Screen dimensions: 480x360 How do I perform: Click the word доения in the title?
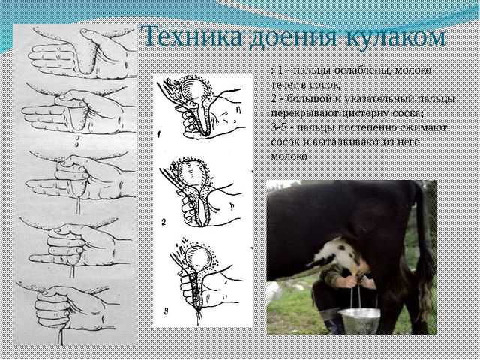(293, 39)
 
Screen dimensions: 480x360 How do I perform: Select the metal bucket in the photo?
(360, 320)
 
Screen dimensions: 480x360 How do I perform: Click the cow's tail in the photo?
(423, 245)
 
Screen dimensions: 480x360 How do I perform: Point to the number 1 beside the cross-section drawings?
(159, 133)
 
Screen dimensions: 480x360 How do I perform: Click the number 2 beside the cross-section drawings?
(163, 222)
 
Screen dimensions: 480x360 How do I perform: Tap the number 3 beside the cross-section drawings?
(166, 312)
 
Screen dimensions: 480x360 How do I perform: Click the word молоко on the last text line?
(289, 157)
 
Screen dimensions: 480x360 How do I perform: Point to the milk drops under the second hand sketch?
(77, 141)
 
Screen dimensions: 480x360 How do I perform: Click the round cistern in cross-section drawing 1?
(192, 89)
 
